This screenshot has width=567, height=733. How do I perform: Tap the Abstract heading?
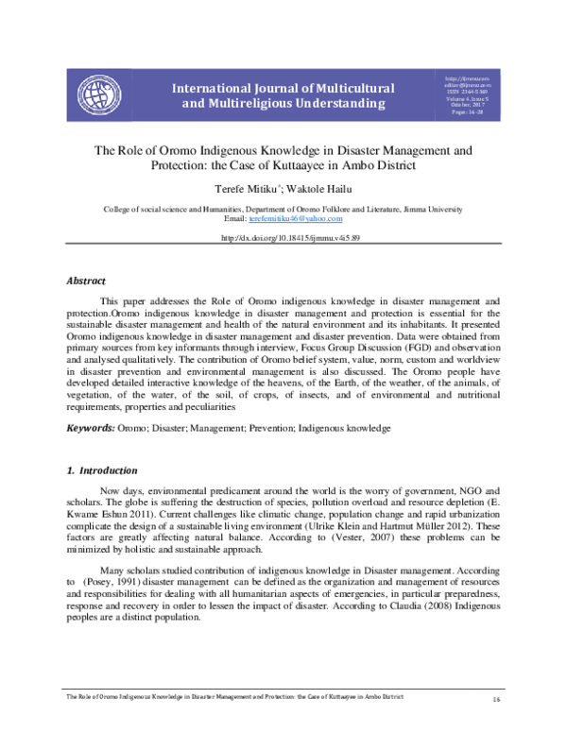click(85, 281)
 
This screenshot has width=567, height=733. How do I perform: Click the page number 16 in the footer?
click(495, 700)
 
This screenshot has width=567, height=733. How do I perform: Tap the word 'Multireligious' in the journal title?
click(256, 102)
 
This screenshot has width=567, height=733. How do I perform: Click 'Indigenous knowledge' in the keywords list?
click(345, 428)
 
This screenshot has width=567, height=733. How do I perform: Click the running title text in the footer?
click(236, 695)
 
